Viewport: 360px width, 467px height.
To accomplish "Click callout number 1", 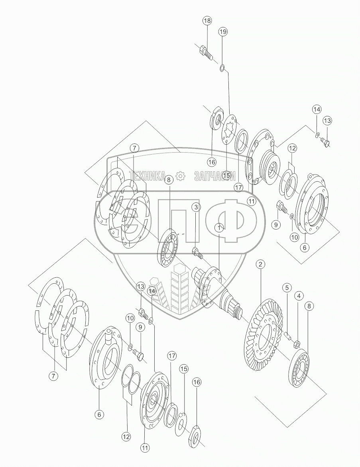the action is pos(219,228).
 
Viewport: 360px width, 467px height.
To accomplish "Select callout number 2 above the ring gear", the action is pos(260,264).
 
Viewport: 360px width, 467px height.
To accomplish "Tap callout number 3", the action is pos(195,207).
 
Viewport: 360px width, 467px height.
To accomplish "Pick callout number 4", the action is pos(299,296).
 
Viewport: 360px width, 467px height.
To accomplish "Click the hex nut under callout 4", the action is pos(297,343).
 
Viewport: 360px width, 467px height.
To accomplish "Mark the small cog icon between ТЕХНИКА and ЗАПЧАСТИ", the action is pos(180,176).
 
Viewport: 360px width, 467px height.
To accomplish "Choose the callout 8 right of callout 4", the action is pos(309,306).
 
